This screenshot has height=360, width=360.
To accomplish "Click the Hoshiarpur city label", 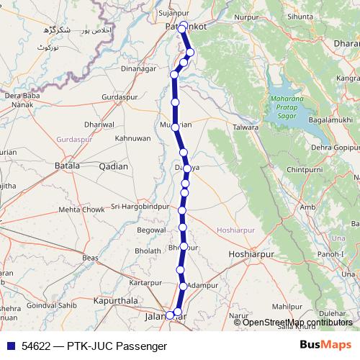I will [252, 255].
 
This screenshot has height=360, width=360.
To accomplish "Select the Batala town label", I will [67, 166].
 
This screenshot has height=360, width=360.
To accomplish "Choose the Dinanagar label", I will [139, 69].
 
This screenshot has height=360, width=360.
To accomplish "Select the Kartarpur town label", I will [147, 282].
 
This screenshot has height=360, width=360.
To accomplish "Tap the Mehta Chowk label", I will [81, 210].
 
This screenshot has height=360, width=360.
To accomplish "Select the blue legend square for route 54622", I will [9, 346].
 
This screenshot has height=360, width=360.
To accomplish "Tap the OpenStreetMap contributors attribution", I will [297, 322].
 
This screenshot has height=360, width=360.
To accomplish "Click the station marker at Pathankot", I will [184, 26].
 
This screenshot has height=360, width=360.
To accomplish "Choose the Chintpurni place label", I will [305, 169].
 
